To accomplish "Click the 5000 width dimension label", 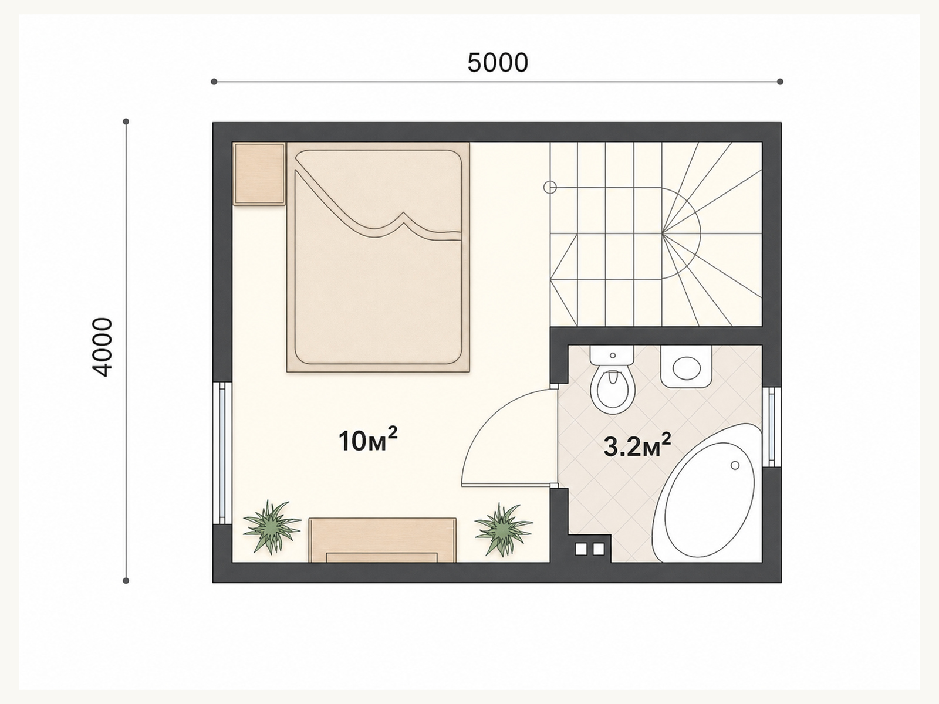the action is [x=498, y=62].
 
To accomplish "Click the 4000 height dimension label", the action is [x=103, y=347].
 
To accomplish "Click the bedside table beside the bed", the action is [x=259, y=174].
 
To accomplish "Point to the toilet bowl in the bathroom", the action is [x=612, y=390].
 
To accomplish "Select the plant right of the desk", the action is [x=503, y=530].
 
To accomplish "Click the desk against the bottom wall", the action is [x=383, y=540].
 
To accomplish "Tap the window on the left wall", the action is [x=222, y=453].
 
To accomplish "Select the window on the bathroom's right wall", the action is [x=772, y=427].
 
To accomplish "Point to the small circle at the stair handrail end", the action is [x=550, y=187].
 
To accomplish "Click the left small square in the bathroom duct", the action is [x=580, y=549].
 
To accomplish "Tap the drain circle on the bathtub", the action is [x=735, y=465].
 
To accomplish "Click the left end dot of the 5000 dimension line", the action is [x=214, y=82].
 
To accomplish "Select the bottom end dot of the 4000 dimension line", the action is [x=126, y=580].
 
